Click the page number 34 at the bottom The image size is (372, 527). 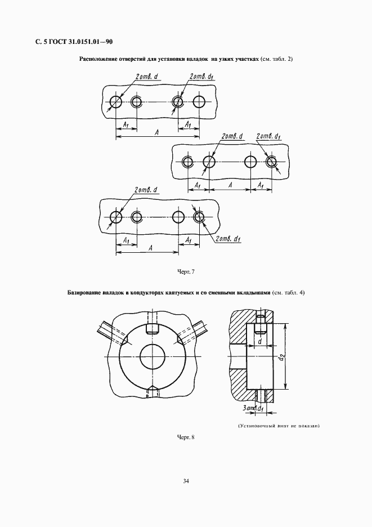[x=186, y=481]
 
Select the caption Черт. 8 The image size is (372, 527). [x=186, y=437]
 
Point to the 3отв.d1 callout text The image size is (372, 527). [x=252, y=408]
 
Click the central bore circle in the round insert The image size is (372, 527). [x=153, y=356]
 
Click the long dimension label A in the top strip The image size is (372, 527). [x=157, y=132]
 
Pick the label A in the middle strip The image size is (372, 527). [x=230, y=185]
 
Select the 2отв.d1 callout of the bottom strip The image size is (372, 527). [x=227, y=239]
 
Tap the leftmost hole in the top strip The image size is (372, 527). [x=115, y=101]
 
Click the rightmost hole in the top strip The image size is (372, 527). [x=199, y=101]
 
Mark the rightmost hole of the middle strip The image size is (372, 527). [x=271, y=162]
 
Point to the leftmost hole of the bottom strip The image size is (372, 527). [x=115, y=217]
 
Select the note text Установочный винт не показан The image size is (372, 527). [x=279, y=426]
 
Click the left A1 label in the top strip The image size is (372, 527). [x=127, y=124]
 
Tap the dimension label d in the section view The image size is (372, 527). [x=260, y=341]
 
